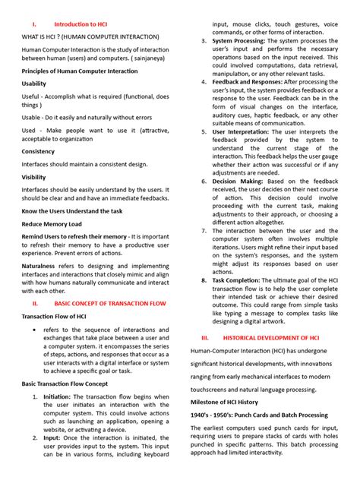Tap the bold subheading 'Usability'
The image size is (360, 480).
click(x=33, y=84)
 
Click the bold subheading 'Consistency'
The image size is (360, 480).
click(x=38, y=151)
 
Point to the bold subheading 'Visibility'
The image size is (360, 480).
click(x=33, y=177)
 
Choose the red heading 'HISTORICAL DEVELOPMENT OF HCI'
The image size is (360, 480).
click(x=276, y=336)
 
